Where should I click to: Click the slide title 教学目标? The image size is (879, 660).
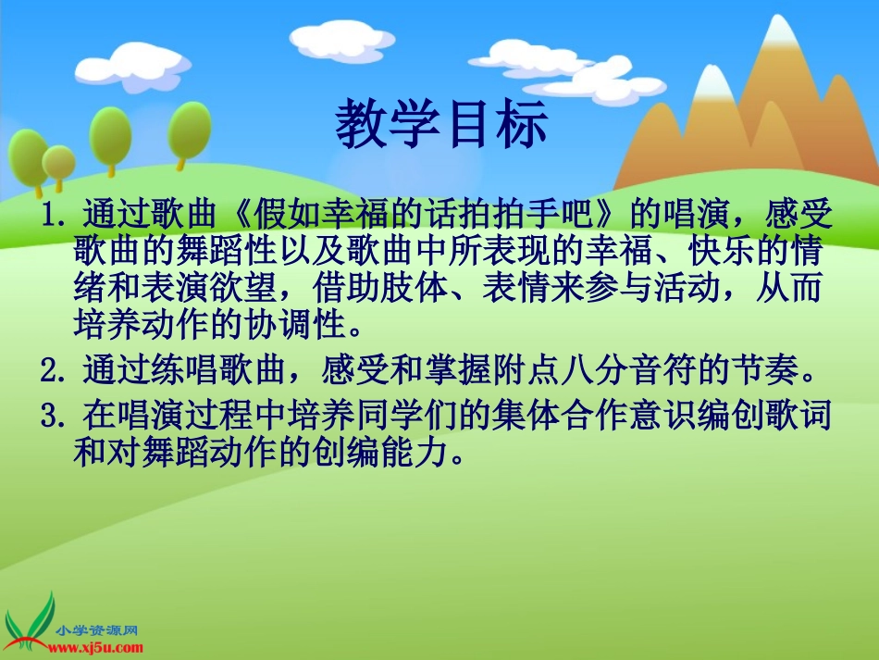441,126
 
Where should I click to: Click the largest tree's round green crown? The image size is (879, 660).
111,132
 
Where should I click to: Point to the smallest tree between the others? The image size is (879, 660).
59,163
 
